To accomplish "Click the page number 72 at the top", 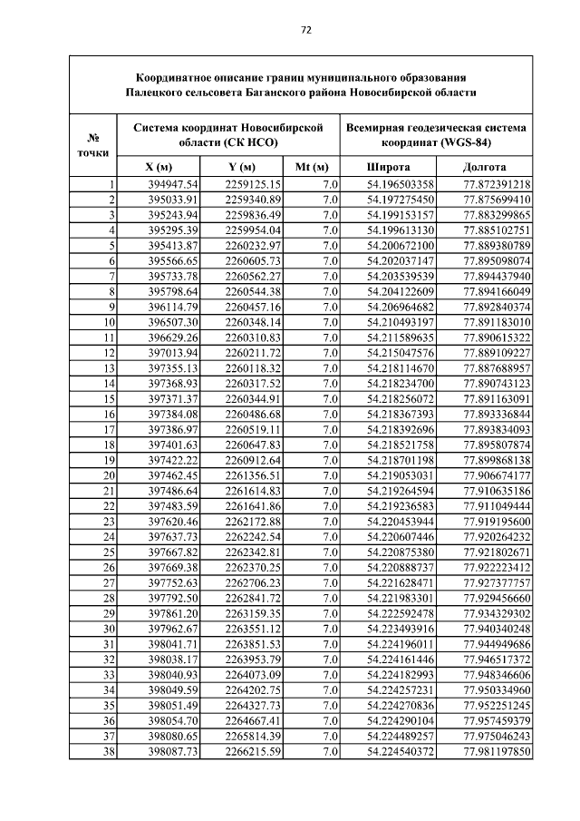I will [x=305, y=30].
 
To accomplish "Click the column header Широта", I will [x=388, y=168].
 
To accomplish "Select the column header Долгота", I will [x=484, y=168].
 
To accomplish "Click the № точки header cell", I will [x=92, y=145].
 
